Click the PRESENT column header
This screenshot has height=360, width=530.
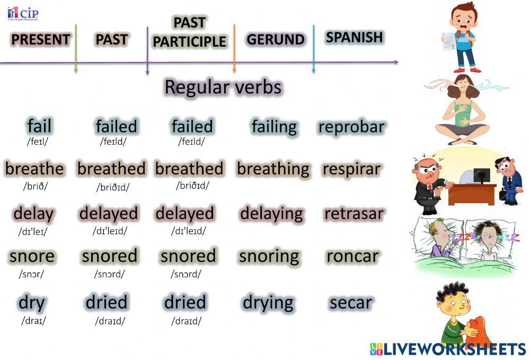coord(40,40)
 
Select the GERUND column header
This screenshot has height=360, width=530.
coord(276,40)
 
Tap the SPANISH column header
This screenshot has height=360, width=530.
coord(354,37)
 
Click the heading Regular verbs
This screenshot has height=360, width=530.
coord(223,86)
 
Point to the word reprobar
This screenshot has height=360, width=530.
coord(351,127)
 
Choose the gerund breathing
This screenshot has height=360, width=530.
coord(273,169)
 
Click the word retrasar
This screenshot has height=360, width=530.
coord(354,214)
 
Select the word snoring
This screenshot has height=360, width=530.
coord(269,256)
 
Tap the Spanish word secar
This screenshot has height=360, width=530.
coord(350,302)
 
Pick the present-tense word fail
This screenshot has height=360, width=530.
coord(39,126)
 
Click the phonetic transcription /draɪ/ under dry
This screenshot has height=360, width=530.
coord(33,321)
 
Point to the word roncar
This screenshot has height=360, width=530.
coord(352,256)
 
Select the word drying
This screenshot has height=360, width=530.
coord(268,303)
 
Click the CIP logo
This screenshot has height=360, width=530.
coord(22,13)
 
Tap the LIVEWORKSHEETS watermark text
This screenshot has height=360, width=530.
coord(454,349)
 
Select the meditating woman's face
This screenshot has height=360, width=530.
coord(462,85)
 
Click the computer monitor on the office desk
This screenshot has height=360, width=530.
coord(482,174)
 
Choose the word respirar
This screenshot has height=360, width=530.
coord(351,169)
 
